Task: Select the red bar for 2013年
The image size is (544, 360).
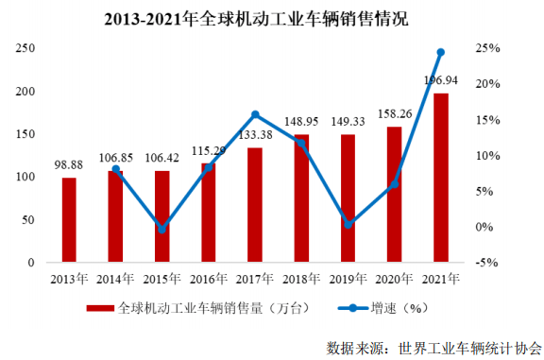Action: [69, 219]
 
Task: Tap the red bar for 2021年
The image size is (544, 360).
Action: [440, 177]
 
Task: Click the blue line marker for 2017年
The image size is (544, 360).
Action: [255, 115]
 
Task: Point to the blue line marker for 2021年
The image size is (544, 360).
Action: [440, 52]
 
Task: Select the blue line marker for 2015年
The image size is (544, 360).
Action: [161, 229]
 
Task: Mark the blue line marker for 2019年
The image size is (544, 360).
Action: [348, 224]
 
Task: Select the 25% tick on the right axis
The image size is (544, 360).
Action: [487, 48]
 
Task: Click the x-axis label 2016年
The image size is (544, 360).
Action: [208, 279]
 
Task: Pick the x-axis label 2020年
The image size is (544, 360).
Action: [394, 279]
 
